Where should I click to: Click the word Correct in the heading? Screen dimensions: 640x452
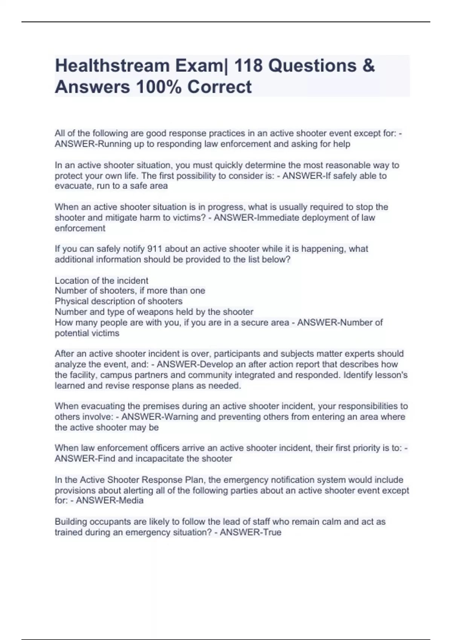219,87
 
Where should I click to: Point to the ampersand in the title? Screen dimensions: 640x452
369,66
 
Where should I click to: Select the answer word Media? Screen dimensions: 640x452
130,500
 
